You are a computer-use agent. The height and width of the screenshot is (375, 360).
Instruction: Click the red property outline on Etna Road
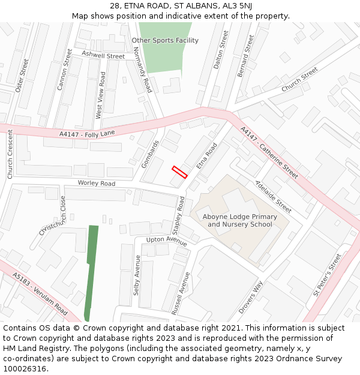click(x=180, y=172)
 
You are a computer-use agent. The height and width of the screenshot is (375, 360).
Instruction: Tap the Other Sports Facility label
click(x=165, y=40)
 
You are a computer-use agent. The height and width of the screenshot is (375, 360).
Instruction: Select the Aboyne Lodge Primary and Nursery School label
click(x=240, y=220)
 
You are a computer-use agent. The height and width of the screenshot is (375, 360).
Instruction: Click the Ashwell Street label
click(x=103, y=55)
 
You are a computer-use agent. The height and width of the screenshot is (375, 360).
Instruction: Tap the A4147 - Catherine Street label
click(x=269, y=152)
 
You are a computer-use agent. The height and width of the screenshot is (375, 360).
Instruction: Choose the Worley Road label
click(x=96, y=183)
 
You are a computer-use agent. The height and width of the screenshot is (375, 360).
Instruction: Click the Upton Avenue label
click(x=167, y=241)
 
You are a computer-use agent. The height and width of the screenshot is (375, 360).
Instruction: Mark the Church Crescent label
click(x=10, y=154)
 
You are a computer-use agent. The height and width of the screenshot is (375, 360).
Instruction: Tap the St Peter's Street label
click(x=326, y=275)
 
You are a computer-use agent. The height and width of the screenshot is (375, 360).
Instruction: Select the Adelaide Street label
click(x=273, y=196)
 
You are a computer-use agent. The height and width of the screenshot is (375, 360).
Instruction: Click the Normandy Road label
click(x=143, y=71)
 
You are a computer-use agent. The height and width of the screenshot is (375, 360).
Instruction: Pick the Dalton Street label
click(x=221, y=48)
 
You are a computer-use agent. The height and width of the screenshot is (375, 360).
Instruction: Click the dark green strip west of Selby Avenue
click(x=91, y=270)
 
